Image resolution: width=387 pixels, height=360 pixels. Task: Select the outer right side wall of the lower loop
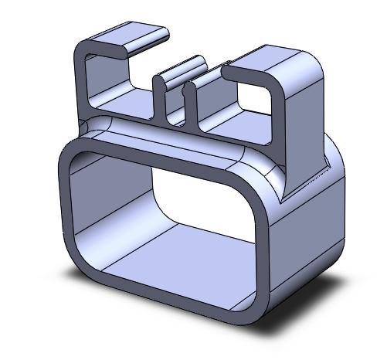point(309,239)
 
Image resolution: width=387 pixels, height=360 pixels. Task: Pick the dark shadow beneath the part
point(309,313)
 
